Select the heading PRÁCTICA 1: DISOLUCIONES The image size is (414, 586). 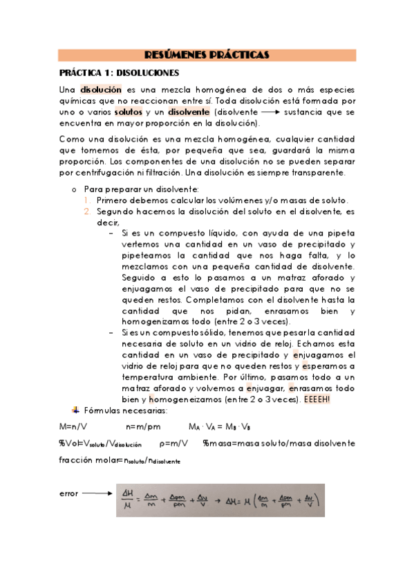(x=119, y=72)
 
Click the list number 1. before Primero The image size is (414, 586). (x=88, y=200)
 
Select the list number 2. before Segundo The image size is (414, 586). (x=88, y=211)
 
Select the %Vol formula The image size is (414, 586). (x=100, y=443)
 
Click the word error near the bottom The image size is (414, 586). (x=69, y=493)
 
